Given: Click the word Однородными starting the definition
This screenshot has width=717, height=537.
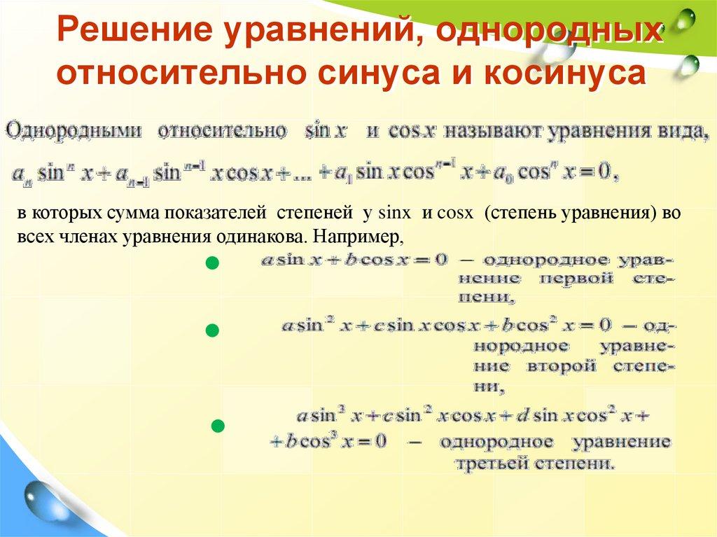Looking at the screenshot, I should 74,131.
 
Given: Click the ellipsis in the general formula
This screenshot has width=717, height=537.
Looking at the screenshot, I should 296,174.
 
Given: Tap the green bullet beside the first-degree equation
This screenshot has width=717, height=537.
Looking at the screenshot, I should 213,264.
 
